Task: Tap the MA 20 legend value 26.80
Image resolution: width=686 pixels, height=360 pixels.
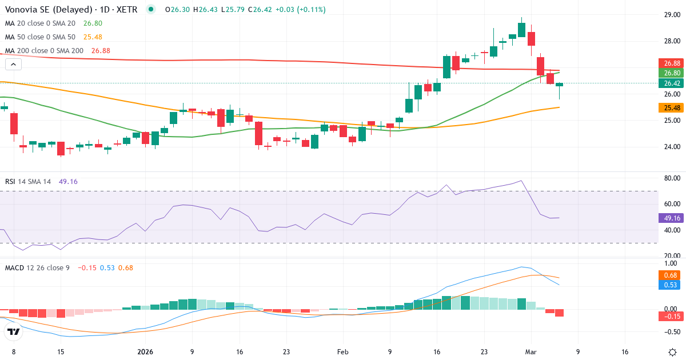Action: tap(93, 23)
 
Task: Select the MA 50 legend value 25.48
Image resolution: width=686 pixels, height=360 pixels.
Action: tap(93, 37)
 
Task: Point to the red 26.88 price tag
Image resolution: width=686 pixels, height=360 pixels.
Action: tap(671, 63)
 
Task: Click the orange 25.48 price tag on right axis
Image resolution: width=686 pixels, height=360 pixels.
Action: tap(671, 108)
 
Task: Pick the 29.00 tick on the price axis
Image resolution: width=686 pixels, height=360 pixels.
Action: tap(672, 15)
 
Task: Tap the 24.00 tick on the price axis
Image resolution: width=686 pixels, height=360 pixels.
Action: tap(672, 147)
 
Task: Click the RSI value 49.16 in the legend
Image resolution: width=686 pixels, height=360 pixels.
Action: tap(68, 182)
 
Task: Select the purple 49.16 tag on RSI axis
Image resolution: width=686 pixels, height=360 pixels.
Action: tap(671, 218)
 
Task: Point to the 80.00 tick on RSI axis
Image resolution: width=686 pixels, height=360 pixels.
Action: tap(672, 178)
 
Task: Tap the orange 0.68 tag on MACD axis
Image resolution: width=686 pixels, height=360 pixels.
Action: tap(671, 275)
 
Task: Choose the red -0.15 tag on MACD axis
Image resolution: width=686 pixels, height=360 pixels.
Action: tap(671, 316)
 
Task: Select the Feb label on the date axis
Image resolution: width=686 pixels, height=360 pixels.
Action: tap(342, 352)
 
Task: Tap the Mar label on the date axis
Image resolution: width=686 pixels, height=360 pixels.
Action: tap(530, 352)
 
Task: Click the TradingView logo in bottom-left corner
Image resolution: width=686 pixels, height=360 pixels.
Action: tap(13, 331)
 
